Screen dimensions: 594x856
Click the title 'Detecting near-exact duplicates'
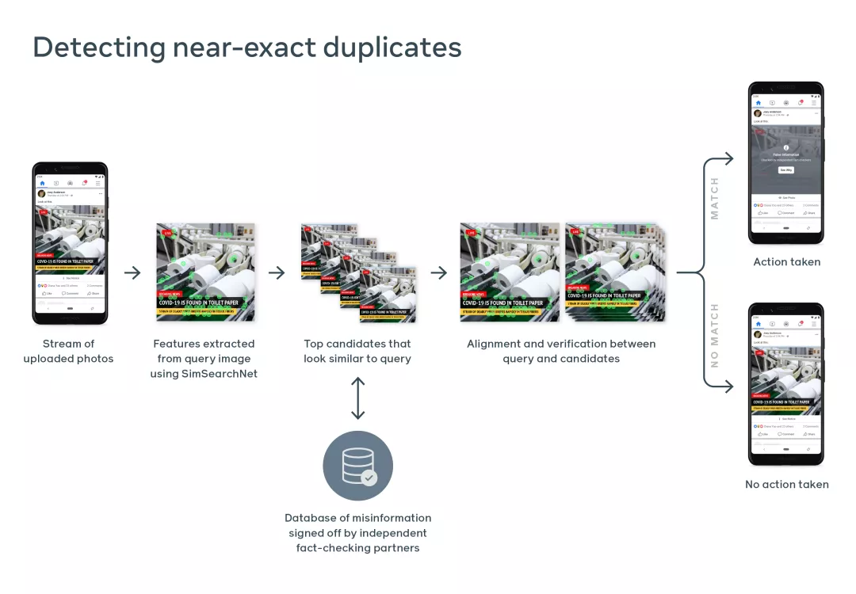[x=246, y=48]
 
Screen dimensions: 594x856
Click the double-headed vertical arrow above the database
[x=357, y=398]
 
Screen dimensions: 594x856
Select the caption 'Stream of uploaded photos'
[x=68, y=351]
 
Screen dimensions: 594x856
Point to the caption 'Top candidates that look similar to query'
[x=357, y=351]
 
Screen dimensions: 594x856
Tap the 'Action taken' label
[x=786, y=262]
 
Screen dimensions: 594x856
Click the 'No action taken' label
[x=786, y=485]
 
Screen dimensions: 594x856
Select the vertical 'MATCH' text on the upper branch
[x=715, y=198]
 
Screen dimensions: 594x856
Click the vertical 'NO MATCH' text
[x=715, y=335]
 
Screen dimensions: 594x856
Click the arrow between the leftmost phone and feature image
[x=132, y=272]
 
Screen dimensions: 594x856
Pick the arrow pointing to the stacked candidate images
[x=276, y=272]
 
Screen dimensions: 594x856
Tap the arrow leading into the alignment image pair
[x=438, y=272]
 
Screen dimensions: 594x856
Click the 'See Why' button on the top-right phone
[x=785, y=169]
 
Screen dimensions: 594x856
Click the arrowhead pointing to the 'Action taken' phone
[x=728, y=159]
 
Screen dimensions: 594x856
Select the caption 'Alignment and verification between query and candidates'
[x=561, y=351]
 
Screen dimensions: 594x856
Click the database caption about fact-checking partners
[x=357, y=532]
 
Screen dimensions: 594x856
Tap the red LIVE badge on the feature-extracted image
[x=168, y=234]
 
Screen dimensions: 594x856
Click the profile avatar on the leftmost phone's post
[x=41, y=193]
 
